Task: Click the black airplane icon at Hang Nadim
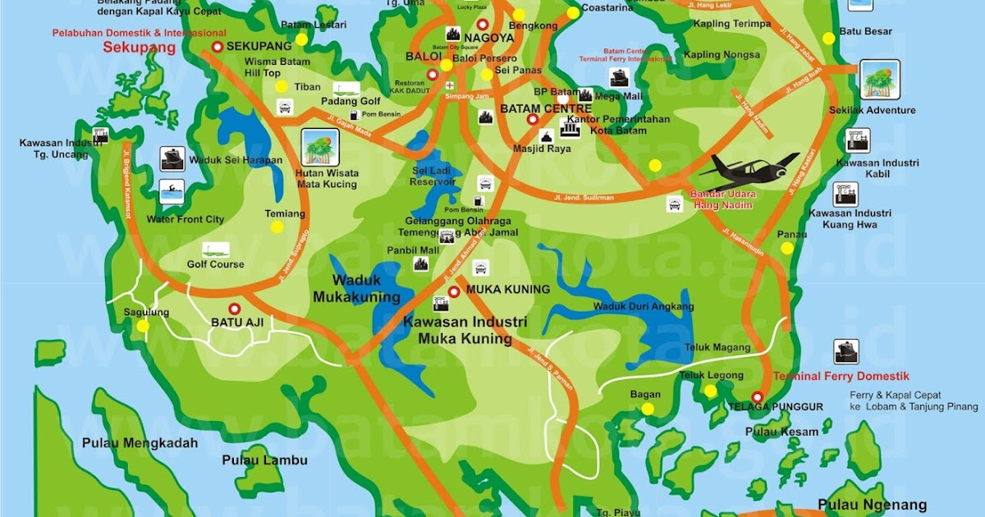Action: pos(747,170)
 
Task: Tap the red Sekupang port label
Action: pos(140,48)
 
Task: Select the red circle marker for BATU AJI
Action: pos(234,309)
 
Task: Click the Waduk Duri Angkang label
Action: pos(643,307)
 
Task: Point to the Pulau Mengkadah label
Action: pos(140,443)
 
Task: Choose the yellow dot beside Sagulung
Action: pos(144,326)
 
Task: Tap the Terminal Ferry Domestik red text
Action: pos(841,377)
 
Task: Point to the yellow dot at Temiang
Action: pos(277,227)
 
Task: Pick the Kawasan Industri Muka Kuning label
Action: pos(465,330)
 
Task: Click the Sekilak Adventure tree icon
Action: pos(881,80)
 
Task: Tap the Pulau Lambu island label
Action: pos(264,460)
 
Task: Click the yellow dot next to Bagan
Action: pos(648,409)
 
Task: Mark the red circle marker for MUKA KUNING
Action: pos(454,291)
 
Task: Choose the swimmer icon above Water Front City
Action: pos(172,194)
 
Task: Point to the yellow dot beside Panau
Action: pos(787,248)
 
